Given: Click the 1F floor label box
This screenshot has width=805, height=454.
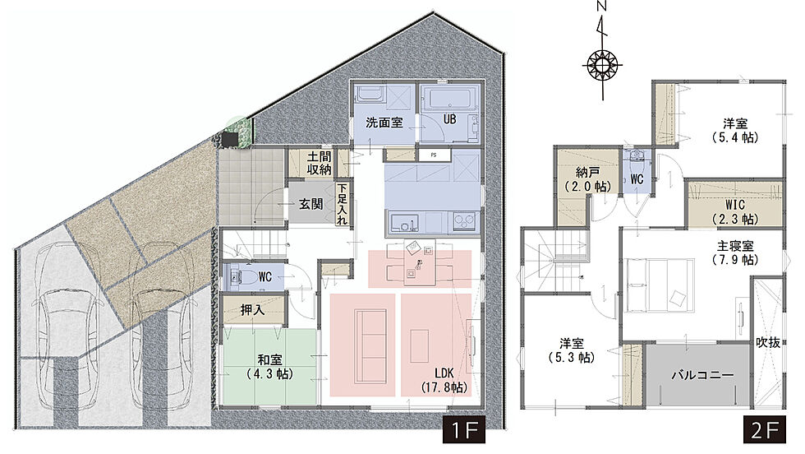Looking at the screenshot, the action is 464,429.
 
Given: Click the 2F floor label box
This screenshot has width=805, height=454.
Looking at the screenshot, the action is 765,429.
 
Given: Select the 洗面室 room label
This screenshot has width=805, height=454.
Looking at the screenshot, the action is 384,123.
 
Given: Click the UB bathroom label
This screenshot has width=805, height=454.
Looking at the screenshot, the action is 450,119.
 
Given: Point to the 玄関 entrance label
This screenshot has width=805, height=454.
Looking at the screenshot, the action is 311,204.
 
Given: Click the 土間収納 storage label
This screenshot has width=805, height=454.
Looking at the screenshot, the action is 320,163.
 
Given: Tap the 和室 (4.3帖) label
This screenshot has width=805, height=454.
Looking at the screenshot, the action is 269,366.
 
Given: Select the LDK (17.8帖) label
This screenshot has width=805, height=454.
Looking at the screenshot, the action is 444,380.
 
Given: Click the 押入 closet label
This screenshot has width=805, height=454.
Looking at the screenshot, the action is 253,310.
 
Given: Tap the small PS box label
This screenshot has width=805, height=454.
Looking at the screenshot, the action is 434,155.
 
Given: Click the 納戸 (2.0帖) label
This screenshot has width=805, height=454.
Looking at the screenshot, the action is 587,179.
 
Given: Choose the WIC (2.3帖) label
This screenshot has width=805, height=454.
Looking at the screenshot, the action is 735,211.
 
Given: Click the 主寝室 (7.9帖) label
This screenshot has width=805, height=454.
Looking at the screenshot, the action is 735,252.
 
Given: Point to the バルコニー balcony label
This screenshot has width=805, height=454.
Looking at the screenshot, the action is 703,375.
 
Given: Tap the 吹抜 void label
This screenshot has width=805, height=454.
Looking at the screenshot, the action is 768,342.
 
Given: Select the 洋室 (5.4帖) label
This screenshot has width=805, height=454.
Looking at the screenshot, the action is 735,130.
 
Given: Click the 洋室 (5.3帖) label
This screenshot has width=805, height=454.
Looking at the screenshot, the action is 572,350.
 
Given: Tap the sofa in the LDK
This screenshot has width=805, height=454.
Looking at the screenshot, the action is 370,345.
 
